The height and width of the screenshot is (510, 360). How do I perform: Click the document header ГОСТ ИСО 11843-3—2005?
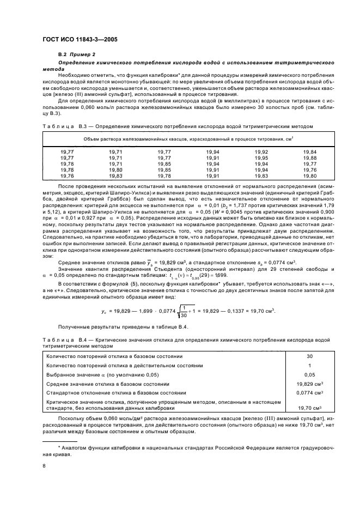[80, 40]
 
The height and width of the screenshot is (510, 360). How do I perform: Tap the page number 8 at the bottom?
[45, 466]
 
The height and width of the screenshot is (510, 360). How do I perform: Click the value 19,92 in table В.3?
[261, 151]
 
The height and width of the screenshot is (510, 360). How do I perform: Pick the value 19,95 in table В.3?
[261, 157]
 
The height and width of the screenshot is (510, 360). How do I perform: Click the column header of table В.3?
[188, 139]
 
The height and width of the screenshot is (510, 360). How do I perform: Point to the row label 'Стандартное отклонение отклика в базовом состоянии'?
[124, 392]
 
